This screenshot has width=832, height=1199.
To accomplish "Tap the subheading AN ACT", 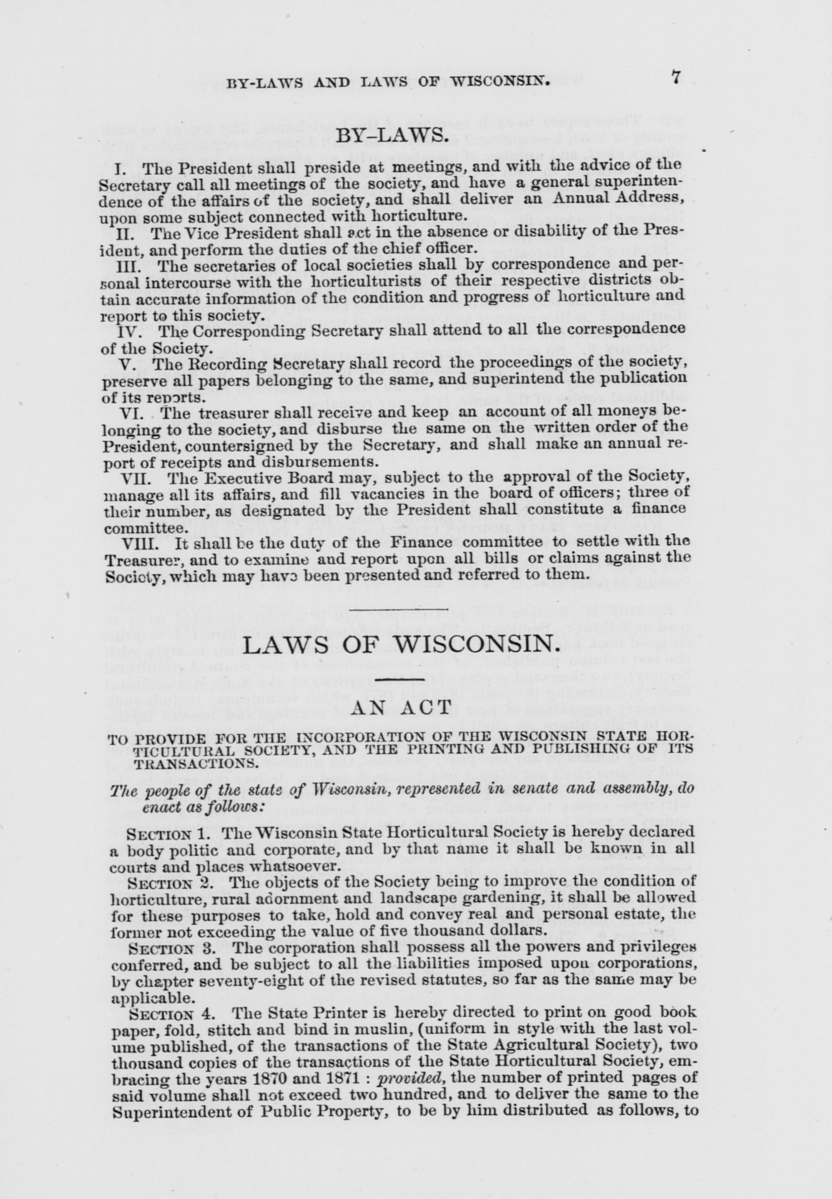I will [x=400, y=708].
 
